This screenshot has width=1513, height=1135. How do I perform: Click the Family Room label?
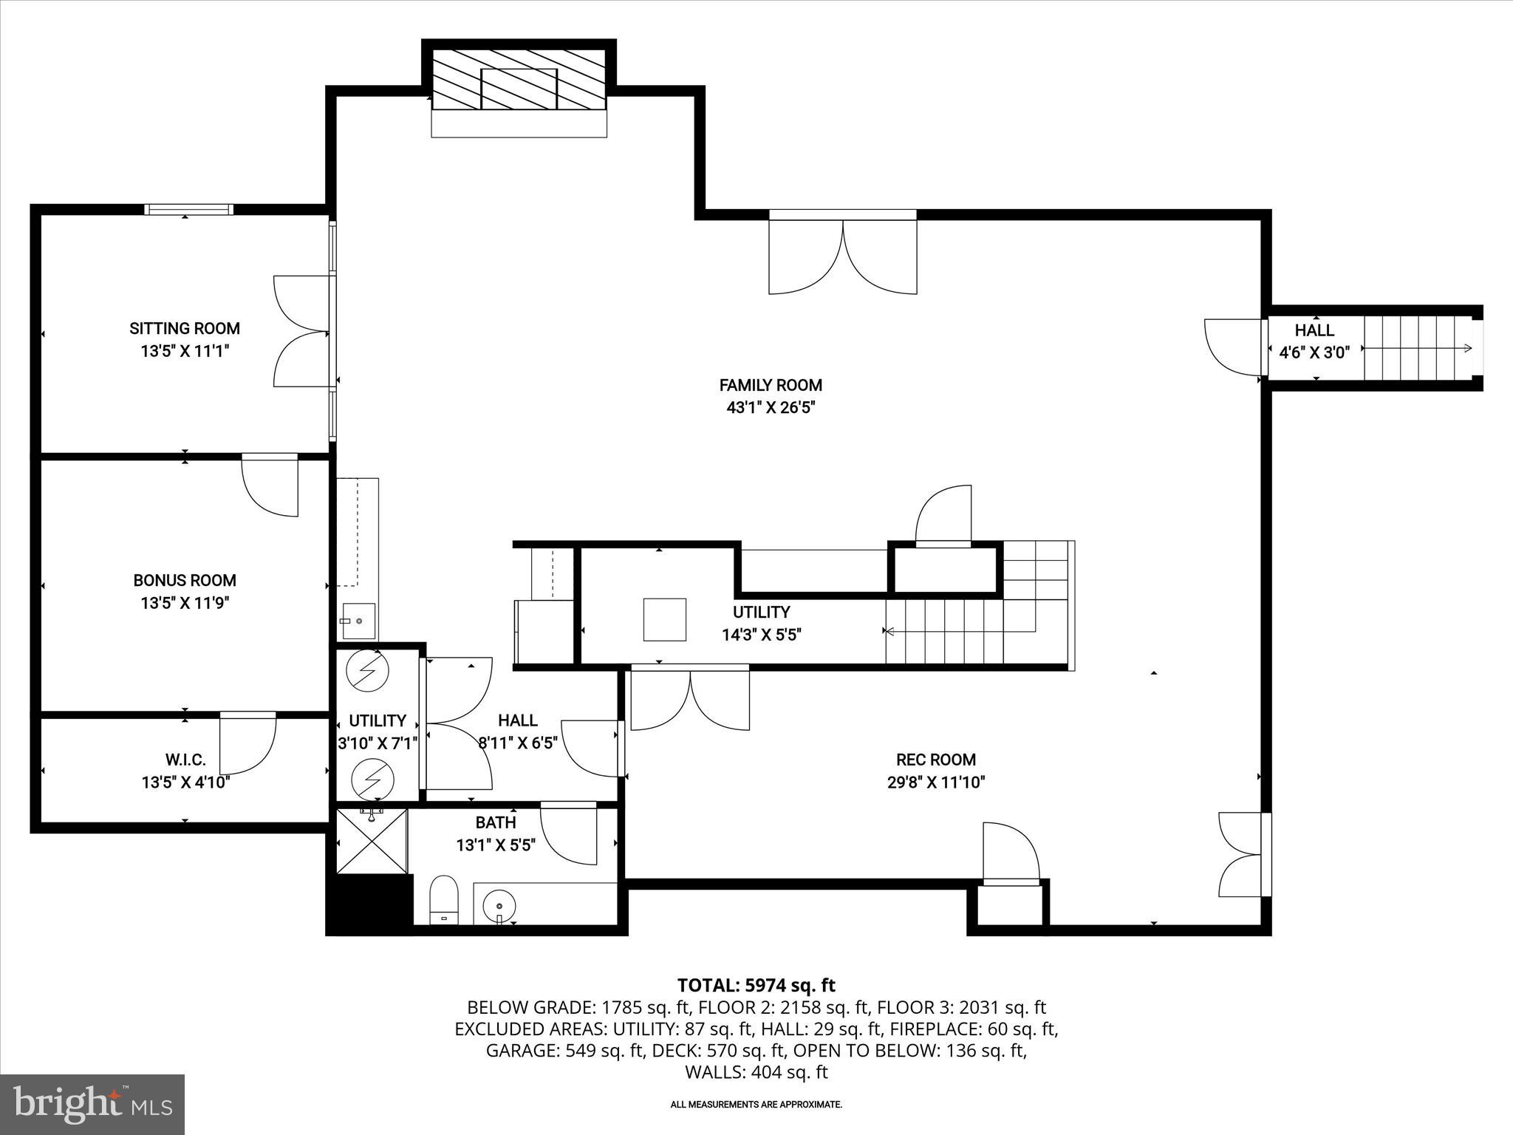771,385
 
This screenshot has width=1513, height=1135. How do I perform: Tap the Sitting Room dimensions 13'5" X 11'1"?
185,351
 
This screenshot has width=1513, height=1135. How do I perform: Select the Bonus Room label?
185,580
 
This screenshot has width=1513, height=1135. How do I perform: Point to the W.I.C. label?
185,760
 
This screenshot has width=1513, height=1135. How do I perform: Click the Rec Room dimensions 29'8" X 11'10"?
936,783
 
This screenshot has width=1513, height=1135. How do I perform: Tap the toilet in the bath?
444,899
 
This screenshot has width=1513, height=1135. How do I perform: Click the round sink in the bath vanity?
498,905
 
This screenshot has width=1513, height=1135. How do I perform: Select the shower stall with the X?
372,841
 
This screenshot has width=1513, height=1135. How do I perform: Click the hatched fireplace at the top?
519,80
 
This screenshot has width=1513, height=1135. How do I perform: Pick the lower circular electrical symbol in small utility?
372,778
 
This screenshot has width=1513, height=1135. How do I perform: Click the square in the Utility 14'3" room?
664,619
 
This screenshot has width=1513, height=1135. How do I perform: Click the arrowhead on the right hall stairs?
1467,349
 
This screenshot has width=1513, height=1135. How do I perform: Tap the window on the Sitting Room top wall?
188,210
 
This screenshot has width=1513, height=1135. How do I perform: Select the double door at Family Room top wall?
842,255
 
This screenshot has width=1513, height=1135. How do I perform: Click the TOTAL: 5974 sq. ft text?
756,985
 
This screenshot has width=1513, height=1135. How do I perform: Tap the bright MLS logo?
92,1104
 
